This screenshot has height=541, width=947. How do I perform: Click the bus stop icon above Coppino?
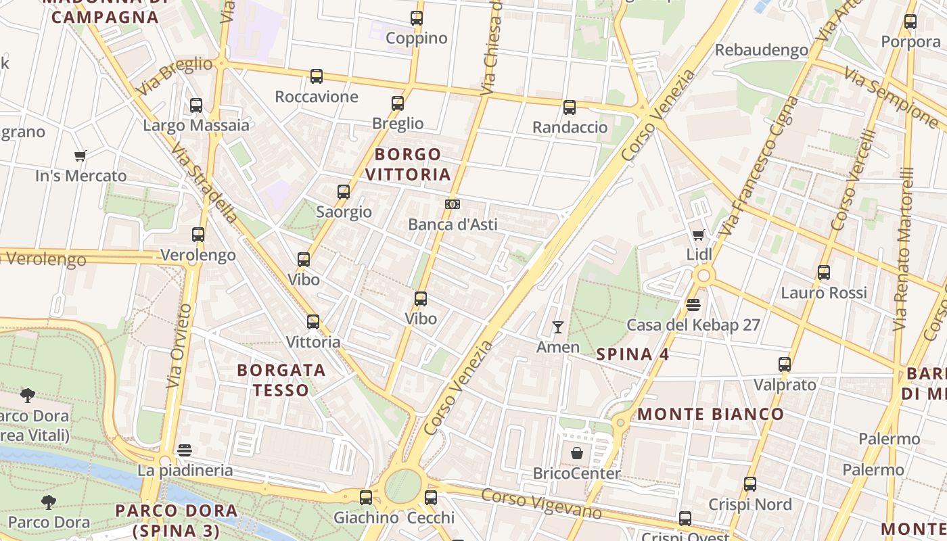pyautogui.click(x=417, y=18)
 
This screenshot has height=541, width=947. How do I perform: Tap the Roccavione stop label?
pyautogui.click(x=317, y=97)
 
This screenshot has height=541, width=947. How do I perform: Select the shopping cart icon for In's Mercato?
pyautogui.click(x=80, y=156)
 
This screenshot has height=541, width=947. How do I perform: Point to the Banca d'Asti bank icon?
pyautogui.click(x=453, y=204)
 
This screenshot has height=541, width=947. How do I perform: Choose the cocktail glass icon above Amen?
pyautogui.click(x=558, y=327)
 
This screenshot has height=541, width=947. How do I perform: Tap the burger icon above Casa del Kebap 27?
pyautogui.click(x=693, y=305)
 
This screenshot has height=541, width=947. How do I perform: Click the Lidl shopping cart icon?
pyautogui.click(x=699, y=235)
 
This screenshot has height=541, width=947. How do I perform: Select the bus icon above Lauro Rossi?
pyautogui.click(x=823, y=273)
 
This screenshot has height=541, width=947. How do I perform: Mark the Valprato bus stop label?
pyautogui.click(x=785, y=385)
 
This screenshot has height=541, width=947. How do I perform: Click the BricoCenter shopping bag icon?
pyautogui.click(x=577, y=453)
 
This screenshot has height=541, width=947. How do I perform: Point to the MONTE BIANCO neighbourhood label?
pyautogui.click(x=711, y=414)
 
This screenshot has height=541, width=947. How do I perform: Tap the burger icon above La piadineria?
pyautogui.click(x=185, y=450)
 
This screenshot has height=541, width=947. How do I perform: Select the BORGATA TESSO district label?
pyautogui.click(x=282, y=380)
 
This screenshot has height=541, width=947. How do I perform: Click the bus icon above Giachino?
pyautogui.click(x=366, y=498)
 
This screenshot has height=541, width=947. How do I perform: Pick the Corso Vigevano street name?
pyautogui.click(x=540, y=504)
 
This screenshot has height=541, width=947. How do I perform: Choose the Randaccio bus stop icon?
pyautogui.click(x=570, y=107)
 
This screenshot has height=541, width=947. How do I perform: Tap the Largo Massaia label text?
pyautogui.click(x=196, y=125)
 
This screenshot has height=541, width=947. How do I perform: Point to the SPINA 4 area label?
pyautogui.click(x=633, y=354)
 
